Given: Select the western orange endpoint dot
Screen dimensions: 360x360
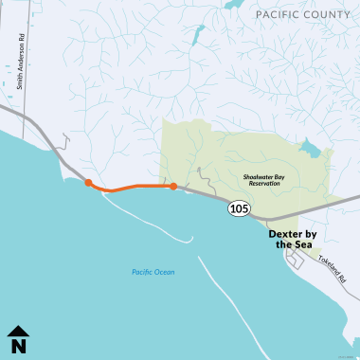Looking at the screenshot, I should click(x=88, y=183).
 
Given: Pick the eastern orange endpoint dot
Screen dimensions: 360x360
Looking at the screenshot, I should click(x=173, y=186).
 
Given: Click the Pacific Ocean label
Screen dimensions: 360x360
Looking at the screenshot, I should click(x=153, y=273).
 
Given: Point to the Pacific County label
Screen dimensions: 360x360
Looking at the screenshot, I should click(x=302, y=15).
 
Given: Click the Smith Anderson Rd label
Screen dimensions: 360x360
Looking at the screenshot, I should click(x=20, y=67).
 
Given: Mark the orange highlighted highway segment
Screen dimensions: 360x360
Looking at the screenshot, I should click(x=133, y=187).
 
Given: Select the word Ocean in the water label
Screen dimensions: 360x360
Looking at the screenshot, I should click(x=165, y=273).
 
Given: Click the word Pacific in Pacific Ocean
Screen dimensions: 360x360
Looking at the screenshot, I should click(x=142, y=273).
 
